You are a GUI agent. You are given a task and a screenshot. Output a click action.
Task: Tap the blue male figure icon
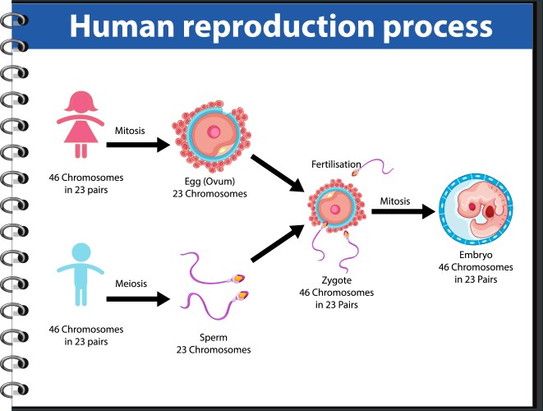click(81, 275)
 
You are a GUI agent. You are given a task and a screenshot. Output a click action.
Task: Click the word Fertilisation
click(335, 164)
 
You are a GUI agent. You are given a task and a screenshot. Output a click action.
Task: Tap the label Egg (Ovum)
click(212, 182)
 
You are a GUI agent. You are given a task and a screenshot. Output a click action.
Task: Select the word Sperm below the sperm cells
click(212, 337)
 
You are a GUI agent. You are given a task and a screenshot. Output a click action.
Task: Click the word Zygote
click(336, 280)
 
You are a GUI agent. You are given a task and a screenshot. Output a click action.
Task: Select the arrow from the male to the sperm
click(137, 298)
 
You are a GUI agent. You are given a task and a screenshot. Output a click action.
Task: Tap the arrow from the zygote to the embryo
click(402, 212)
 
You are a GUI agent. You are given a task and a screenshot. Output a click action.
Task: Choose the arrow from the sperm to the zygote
click(277, 247)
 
